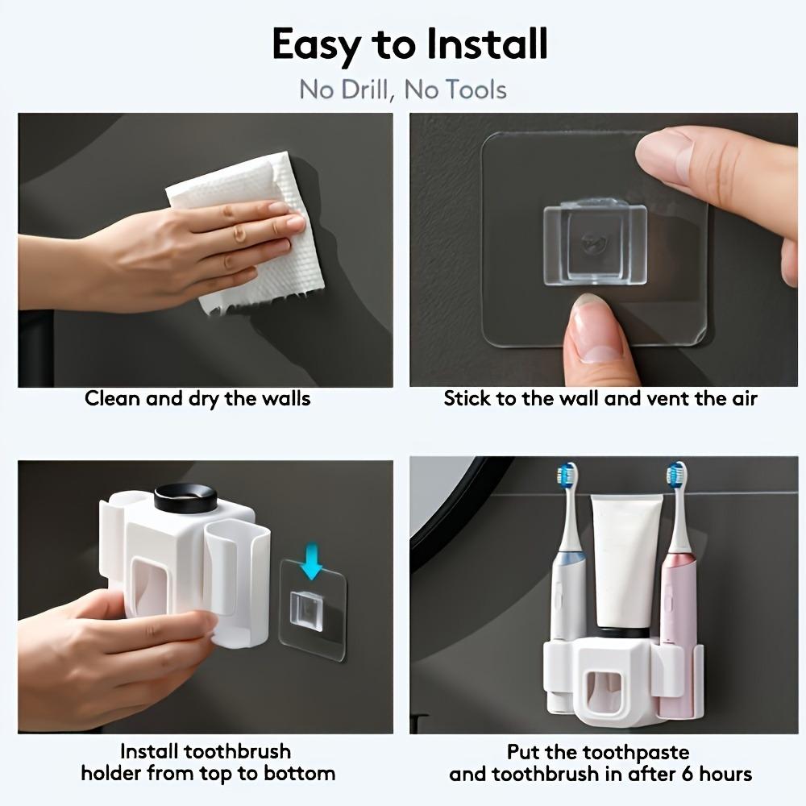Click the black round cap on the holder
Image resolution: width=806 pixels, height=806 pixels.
(x=185, y=497)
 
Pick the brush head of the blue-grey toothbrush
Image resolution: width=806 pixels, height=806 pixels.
(x=567, y=475)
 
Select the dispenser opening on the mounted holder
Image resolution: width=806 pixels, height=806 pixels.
(x=605, y=692)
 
